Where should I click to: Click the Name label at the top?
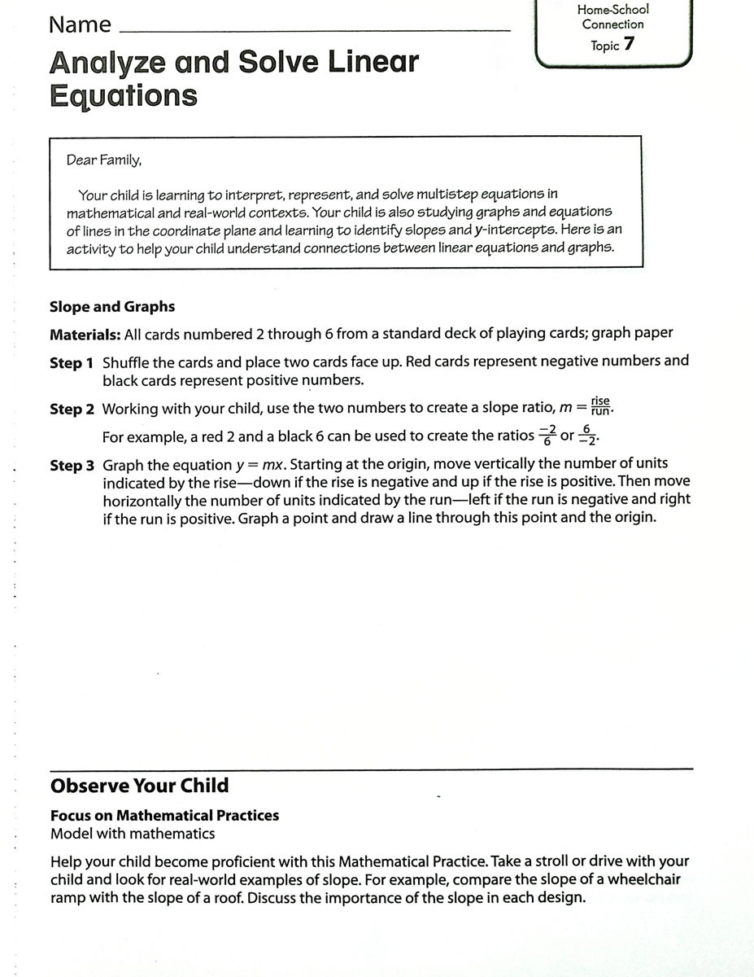point(80,25)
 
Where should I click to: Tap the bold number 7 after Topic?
point(629,45)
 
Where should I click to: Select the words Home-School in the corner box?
point(613,10)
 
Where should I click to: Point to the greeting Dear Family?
point(104,160)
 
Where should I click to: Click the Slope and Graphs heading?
point(112,307)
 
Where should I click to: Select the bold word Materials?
point(85,334)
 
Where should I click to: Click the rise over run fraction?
point(600,405)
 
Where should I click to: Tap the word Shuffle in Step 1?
point(127,361)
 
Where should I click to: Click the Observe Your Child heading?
point(139,786)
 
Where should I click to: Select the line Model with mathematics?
point(133,833)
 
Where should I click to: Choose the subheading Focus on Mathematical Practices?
point(164,815)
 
